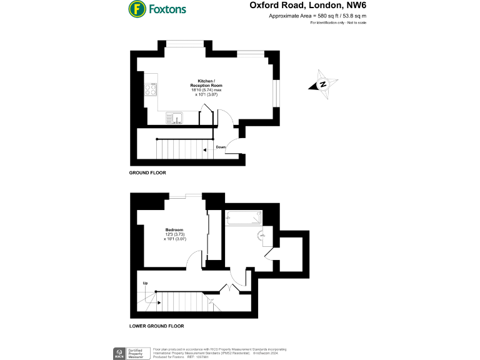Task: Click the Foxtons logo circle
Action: (137, 9)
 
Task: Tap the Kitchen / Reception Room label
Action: (206, 84)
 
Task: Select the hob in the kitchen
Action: (150, 89)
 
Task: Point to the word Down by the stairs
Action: (220, 147)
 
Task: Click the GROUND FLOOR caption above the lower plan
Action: (147, 172)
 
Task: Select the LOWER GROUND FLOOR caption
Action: (156, 326)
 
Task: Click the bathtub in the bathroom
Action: (244, 218)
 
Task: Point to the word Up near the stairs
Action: (145, 283)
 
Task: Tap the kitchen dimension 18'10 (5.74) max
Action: (206, 89)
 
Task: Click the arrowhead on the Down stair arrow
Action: (206, 150)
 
